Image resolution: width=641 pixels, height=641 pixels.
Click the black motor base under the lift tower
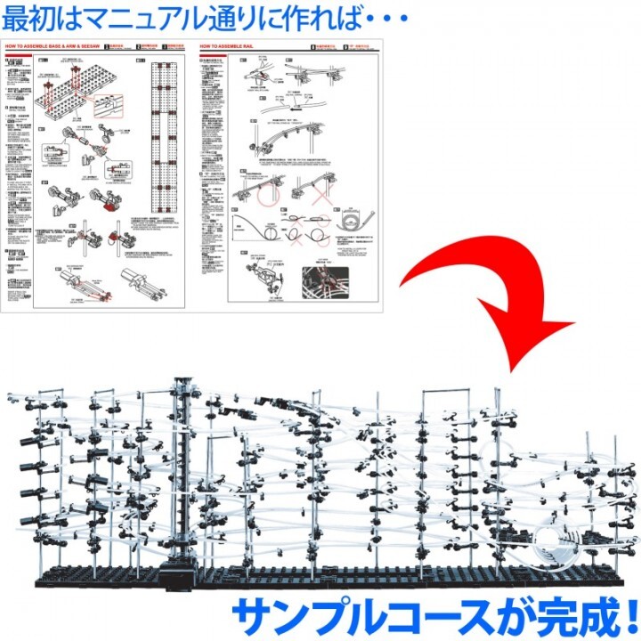tap(183, 571)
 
